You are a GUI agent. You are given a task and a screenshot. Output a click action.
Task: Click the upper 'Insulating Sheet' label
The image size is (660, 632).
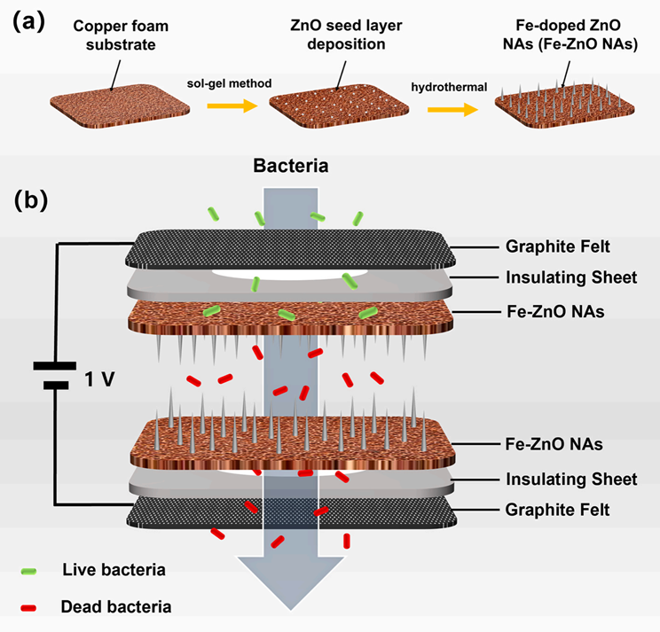pyautogui.click(x=570, y=277)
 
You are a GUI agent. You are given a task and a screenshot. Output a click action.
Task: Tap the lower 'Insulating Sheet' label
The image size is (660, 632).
pyautogui.click(x=570, y=480)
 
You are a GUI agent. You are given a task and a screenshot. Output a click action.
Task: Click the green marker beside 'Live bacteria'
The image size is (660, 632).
pyautogui.click(x=31, y=569)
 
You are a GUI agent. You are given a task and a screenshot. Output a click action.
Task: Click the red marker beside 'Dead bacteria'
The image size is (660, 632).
pyautogui.click(x=31, y=607)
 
